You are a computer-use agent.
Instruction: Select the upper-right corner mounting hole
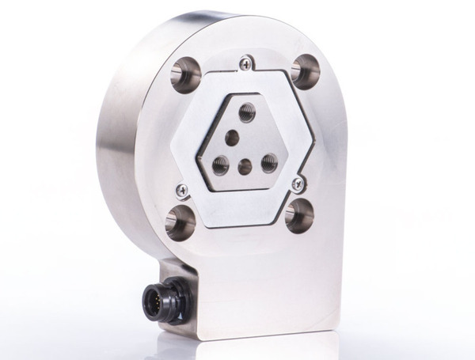[x=305, y=71]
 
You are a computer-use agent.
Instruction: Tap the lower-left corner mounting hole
[x=180, y=222]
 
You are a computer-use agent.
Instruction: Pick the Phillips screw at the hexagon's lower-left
[x=182, y=188]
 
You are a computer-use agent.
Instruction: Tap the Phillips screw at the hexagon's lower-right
[x=298, y=184]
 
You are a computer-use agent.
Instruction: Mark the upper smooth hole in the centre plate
[x=232, y=138]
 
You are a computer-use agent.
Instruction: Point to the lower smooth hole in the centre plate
[x=245, y=166]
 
